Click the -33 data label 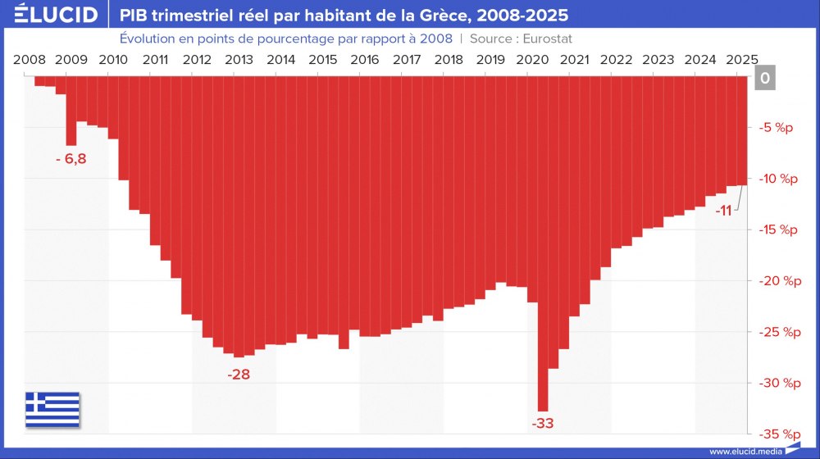coord(543,424)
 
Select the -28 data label coord(239,375)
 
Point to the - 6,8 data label coord(71,158)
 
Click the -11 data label coord(723,211)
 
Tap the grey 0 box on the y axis coord(764,78)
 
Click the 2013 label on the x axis coord(239,60)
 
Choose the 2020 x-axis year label coord(534,60)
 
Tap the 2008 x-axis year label coord(30,60)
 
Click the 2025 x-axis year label coord(742,60)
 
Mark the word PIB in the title coord(134,16)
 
